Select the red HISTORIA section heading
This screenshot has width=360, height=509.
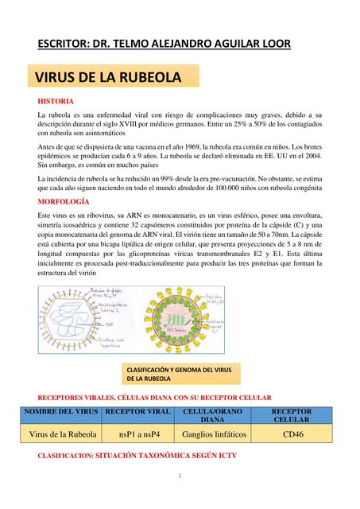pyautogui.click(x=56, y=102)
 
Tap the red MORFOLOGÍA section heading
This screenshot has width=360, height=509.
pyautogui.click(x=65, y=204)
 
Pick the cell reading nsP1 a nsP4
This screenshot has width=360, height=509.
pyautogui.click(x=139, y=435)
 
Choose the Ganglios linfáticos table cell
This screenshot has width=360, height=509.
pyautogui.click(x=214, y=435)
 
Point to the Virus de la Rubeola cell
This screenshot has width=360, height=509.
pyautogui.click(x=63, y=435)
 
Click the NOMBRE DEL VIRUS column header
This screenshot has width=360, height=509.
pyautogui.click(x=63, y=410)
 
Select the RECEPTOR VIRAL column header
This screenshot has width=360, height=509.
pyautogui.click(x=139, y=410)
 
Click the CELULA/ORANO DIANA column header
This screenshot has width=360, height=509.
pyautogui.click(x=212, y=414)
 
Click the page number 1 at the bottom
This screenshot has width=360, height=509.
pyautogui.click(x=180, y=476)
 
